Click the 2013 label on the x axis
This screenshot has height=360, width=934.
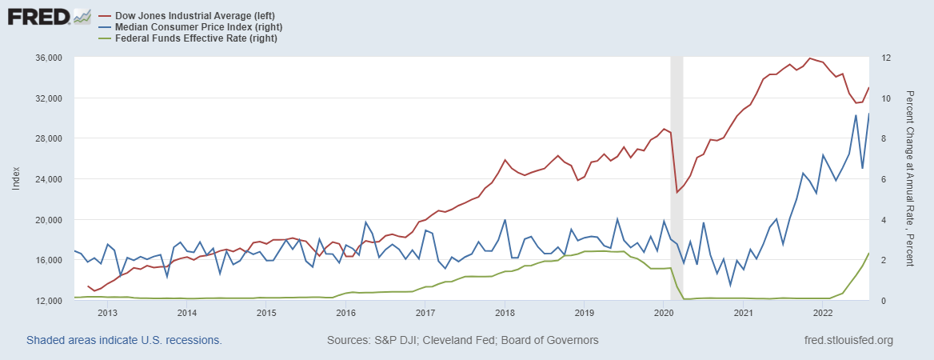click(x=107, y=313)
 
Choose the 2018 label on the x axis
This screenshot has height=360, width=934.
click(x=505, y=313)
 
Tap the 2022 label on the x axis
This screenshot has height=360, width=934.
click(x=823, y=313)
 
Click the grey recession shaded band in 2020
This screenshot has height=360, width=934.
click(x=677, y=176)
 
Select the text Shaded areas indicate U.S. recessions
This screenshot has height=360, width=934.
click(x=124, y=340)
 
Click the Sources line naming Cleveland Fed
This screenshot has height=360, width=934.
click(x=462, y=340)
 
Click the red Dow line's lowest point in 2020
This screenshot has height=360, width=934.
click(x=677, y=192)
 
